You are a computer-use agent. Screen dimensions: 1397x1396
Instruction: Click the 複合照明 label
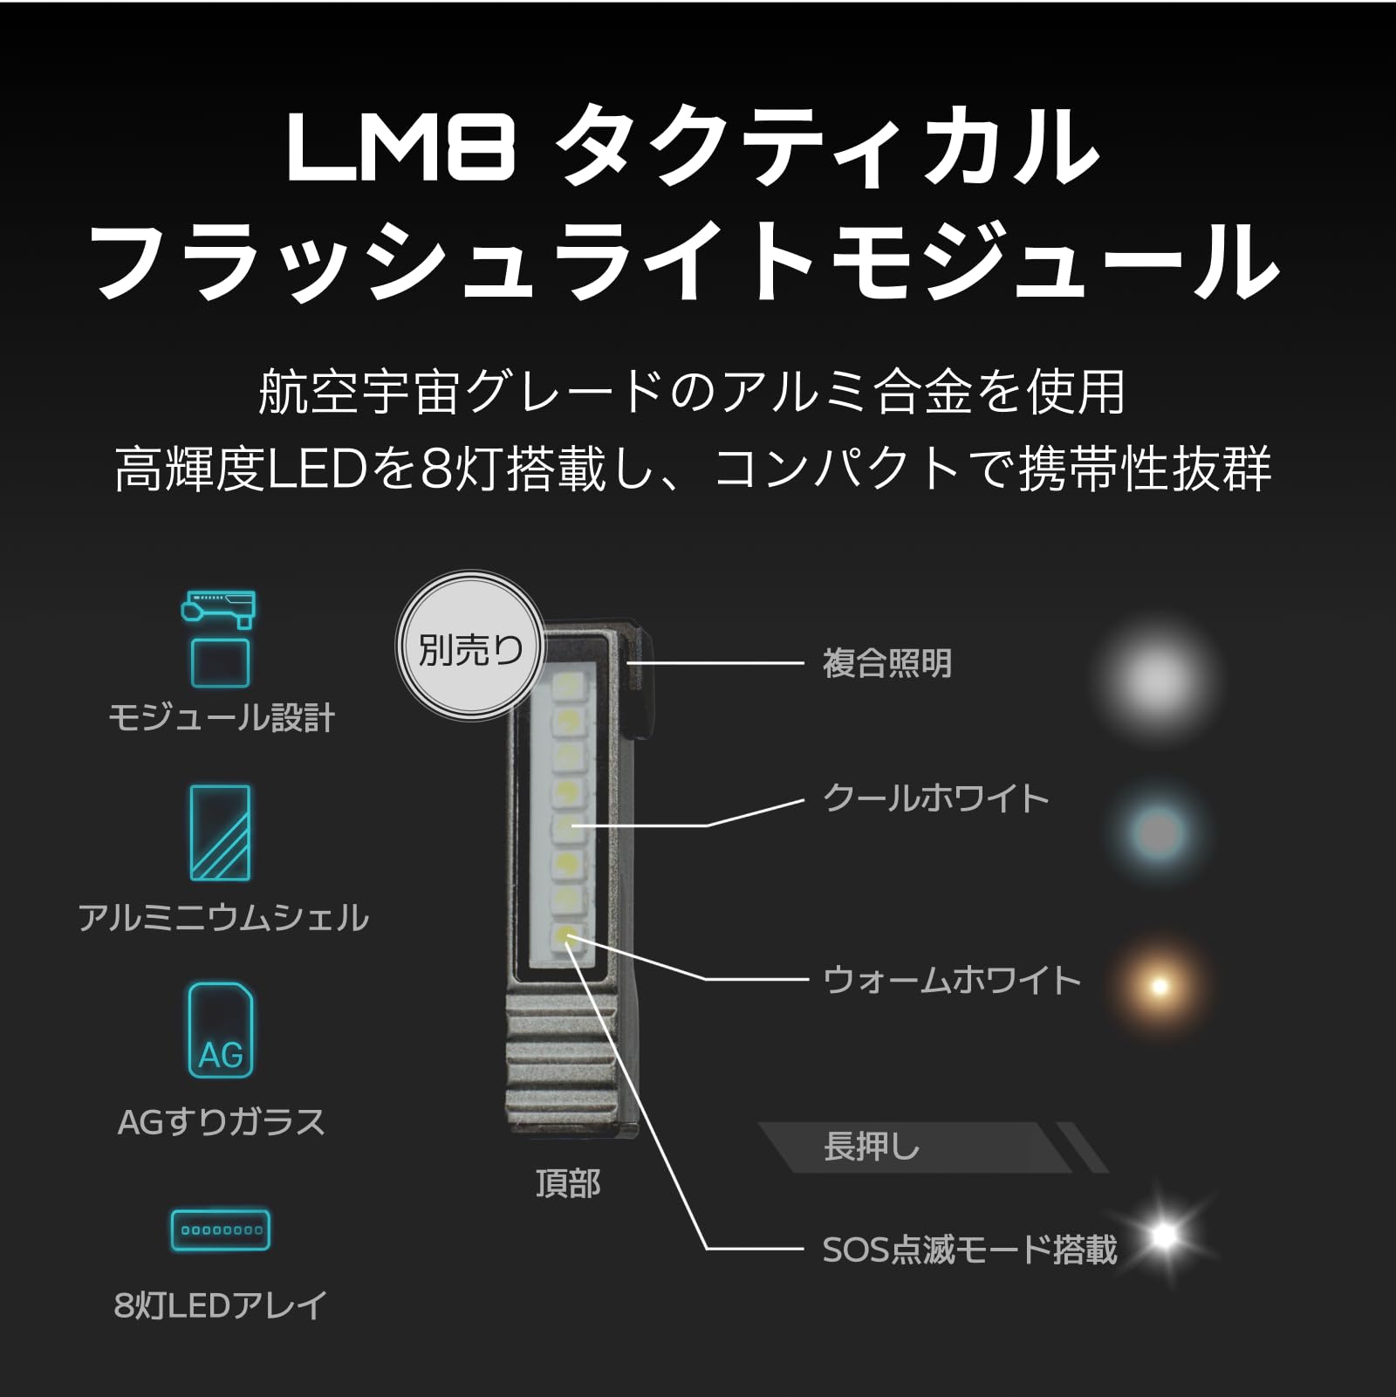887,664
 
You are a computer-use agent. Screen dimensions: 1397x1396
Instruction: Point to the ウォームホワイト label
952,981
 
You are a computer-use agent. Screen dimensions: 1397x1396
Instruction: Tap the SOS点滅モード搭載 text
969,1250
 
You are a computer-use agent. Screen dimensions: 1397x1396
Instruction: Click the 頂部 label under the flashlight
568,1184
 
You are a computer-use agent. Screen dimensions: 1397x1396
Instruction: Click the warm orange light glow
1159,986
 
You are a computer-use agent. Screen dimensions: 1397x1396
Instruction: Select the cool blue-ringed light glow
1158,831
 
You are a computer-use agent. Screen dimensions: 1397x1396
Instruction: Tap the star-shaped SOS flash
1164,1235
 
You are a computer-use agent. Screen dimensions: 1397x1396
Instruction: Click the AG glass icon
221,1031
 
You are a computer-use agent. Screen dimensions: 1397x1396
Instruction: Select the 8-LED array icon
221,1230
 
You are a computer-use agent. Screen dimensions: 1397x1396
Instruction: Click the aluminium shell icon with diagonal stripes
221,832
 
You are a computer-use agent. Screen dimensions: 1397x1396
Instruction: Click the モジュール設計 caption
221,718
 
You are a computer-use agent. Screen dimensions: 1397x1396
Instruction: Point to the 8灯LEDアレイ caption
221,1305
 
